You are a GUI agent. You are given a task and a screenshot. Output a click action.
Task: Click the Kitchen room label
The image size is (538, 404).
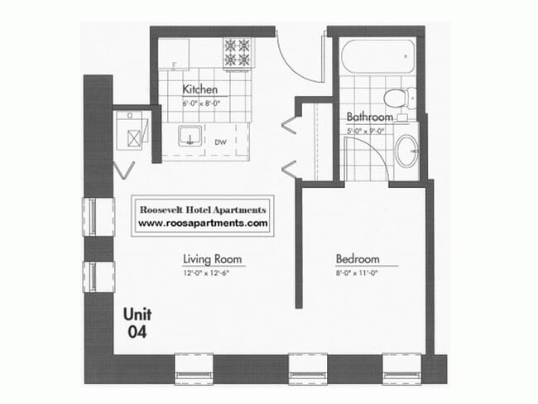199,89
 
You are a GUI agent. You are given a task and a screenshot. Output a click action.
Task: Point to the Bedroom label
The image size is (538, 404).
358,257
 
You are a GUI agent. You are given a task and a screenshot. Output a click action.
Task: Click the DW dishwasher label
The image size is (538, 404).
221,142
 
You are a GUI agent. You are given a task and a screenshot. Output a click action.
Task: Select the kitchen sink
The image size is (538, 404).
191,137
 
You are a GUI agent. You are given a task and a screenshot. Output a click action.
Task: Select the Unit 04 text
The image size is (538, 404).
137,324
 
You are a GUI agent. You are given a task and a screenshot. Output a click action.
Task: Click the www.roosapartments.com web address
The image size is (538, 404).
203,224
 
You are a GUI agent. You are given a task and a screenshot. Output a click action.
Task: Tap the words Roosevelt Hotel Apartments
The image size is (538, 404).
203,210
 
